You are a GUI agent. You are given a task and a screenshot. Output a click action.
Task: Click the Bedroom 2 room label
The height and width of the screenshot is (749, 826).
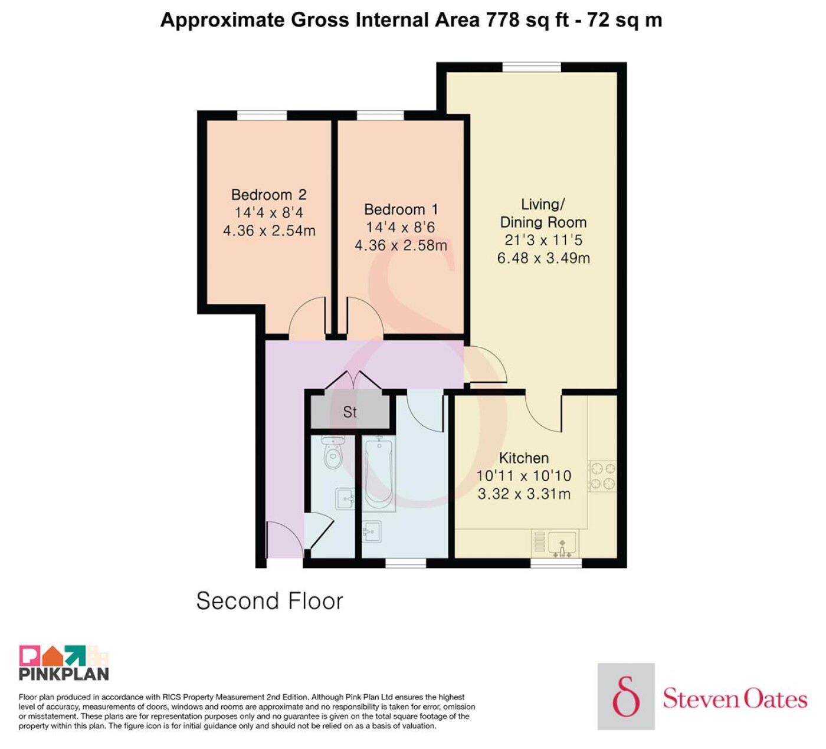click(269, 195)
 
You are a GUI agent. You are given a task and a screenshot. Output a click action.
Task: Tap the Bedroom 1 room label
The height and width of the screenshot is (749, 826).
click(401, 209)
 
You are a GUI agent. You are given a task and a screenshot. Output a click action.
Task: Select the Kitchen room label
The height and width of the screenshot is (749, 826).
click(524, 458)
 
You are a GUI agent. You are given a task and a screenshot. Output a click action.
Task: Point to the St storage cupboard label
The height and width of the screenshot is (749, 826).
click(350, 412)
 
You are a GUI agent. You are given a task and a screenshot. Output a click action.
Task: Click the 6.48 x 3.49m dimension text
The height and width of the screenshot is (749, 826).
click(543, 258)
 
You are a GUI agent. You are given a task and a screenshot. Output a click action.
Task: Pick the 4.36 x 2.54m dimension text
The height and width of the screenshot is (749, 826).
click(269, 230)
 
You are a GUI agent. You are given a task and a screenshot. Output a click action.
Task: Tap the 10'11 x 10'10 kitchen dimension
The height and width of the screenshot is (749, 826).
click(524, 475)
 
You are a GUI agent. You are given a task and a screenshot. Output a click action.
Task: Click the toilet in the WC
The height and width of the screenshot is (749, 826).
click(333, 452)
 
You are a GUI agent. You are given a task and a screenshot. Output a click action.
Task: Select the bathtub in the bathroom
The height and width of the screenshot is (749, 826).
click(379, 474)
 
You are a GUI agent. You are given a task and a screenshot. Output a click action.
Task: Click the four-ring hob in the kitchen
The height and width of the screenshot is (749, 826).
click(603, 476)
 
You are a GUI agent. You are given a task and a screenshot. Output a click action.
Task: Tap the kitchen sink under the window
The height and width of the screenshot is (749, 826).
click(562, 544)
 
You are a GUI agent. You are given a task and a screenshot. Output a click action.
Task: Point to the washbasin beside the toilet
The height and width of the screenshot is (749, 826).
click(345, 499)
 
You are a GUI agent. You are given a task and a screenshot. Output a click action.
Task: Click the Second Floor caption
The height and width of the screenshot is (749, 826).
click(270, 601)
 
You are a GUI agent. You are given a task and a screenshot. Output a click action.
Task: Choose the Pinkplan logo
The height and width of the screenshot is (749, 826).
click(64, 662)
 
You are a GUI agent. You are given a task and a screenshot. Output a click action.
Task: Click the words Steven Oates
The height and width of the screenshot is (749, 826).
click(735, 699)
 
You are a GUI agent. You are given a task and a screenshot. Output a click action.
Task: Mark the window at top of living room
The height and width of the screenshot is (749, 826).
click(532, 67)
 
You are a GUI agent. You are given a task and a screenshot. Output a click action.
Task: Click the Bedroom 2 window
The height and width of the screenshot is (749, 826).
click(262, 115)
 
